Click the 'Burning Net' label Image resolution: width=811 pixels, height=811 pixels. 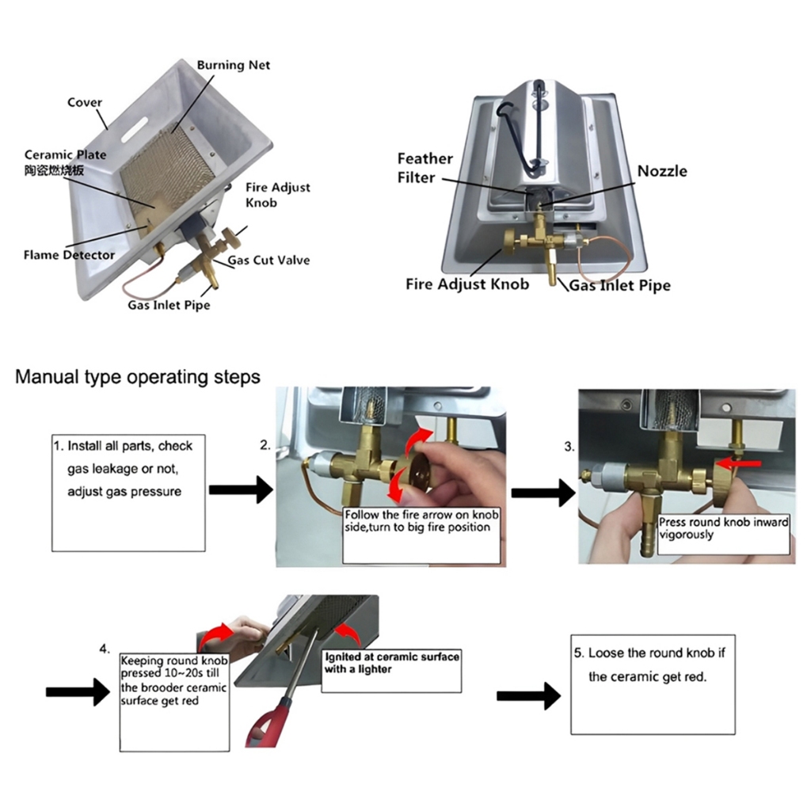click(233, 65)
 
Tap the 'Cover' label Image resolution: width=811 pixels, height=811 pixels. click(84, 102)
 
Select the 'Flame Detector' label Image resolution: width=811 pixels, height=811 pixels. click(69, 255)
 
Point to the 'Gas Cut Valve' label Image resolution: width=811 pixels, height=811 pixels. click(268, 260)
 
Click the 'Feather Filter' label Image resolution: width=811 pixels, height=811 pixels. click(425, 168)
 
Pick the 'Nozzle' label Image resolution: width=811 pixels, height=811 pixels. click(662, 171)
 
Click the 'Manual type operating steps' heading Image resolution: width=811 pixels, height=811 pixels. click(138, 376)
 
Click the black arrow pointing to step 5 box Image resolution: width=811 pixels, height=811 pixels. click(528, 696)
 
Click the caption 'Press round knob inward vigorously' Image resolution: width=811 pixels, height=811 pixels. click(722, 528)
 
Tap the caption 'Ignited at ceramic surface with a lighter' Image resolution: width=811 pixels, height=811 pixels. click(391, 663)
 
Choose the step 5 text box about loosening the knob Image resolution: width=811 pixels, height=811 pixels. click(653, 683)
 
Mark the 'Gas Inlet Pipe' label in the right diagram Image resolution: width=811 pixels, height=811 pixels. click(619, 285)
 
